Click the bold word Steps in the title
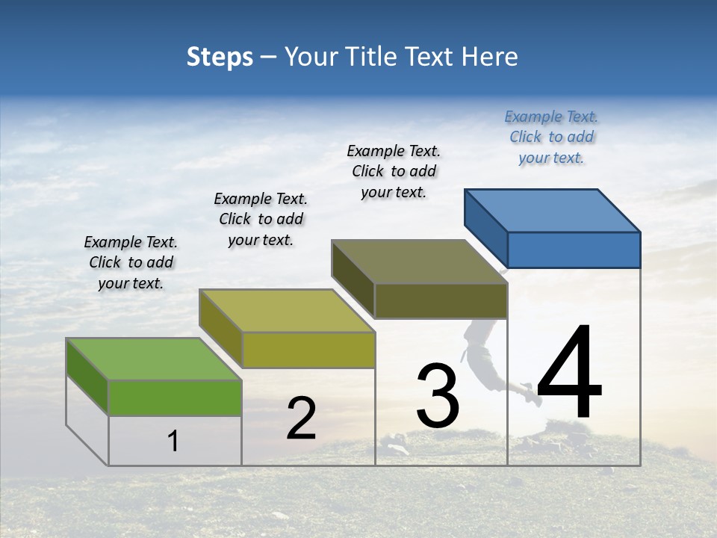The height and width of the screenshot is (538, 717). tap(220, 57)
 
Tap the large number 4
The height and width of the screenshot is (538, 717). tap(569, 374)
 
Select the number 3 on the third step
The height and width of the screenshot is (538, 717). tap(438, 396)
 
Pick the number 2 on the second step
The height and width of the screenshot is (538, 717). tap(301, 418)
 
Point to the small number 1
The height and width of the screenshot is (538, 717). tap(173, 441)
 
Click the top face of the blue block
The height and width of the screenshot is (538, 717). tap(553, 210)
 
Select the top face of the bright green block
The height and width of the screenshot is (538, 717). tap(154, 359)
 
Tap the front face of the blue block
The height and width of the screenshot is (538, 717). tap(574, 250)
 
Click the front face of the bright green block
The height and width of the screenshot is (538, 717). tap(175, 398)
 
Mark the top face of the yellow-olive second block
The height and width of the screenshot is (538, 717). tap(287, 311)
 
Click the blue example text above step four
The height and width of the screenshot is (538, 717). tap(551, 137)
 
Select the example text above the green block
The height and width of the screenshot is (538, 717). tap(131, 262)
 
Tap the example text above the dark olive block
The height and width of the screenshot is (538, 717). tap(394, 171)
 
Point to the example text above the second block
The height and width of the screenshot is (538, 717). tap(261, 219)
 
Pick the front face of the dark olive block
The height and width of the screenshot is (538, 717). tap(441, 300)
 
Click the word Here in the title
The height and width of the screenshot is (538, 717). tap(490, 57)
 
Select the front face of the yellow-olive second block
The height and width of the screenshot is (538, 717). tap(308, 350)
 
